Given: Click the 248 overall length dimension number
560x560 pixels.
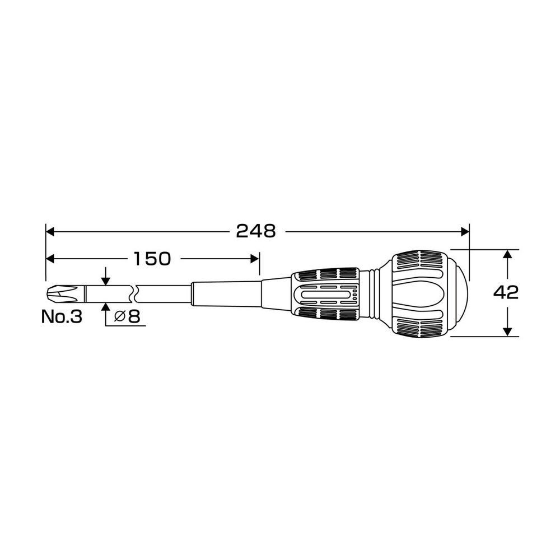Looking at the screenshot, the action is click(x=256, y=231).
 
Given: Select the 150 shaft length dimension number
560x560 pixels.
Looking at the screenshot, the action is click(x=152, y=259).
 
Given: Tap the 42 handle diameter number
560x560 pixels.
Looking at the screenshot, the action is click(x=506, y=293).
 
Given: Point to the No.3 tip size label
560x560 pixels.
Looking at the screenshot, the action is click(x=62, y=316).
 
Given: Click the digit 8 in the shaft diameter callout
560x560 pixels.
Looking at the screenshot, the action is click(x=134, y=316).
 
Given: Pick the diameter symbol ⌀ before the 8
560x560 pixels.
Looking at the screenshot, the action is click(x=120, y=316).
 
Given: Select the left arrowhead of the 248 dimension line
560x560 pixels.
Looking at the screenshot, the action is click(x=50, y=232).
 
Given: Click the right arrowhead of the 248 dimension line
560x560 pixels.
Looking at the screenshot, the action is click(x=465, y=232).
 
